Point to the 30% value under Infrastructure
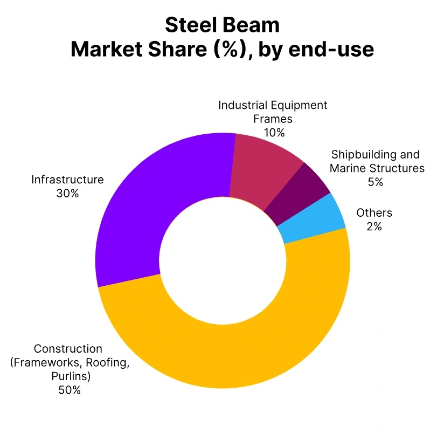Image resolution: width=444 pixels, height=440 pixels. (x=67, y=193)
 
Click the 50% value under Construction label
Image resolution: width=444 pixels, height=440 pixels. (x=70, y=390)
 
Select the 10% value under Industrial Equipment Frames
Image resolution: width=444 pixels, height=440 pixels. (x=274, y=132)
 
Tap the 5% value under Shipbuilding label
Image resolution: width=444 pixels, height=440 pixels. (x=376, y=182)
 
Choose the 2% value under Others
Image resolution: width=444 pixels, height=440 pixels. (x=374, y=226)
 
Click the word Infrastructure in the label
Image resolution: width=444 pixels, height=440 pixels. (x=67, y=179)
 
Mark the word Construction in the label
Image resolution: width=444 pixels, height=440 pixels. (x=68, y=348)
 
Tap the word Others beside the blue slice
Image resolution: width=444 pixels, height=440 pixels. (x=374, y=212)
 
